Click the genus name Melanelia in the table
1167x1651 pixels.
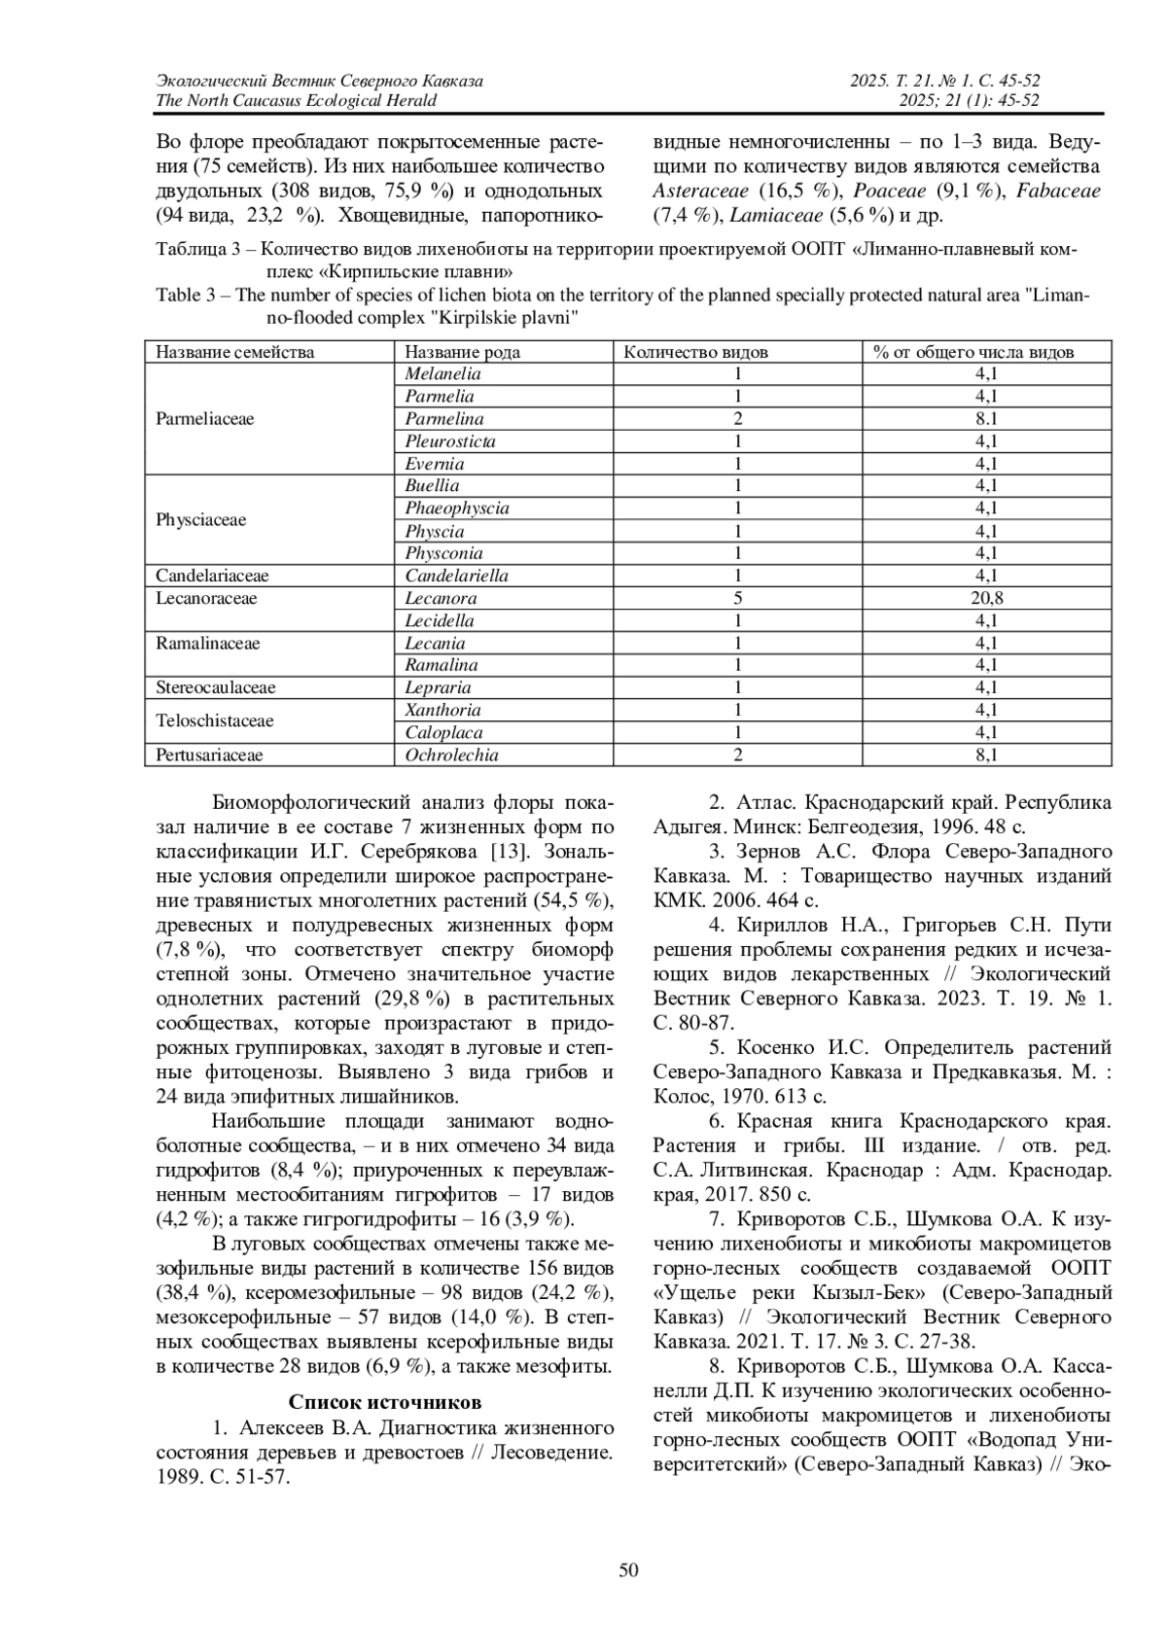coord(442,374)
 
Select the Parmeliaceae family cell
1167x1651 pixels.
coord(204,419)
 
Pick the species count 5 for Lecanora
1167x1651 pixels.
coord(738,599)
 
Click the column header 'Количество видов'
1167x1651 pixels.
coord(695,352)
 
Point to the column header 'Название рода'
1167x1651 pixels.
coord(462,352)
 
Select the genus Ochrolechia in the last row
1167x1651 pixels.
coord(451,755)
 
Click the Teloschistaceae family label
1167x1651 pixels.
coord(214,721)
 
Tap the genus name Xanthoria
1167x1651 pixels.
coord(442,711)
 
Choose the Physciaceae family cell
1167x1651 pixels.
coord(200,520)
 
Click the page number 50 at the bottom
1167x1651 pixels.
coord(628,1569)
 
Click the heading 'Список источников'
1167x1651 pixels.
coord(385,1403)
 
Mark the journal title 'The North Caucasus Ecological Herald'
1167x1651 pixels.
coord(296,101)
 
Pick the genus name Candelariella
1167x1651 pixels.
coord(456,576)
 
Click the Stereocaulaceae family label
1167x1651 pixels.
coord(215,688)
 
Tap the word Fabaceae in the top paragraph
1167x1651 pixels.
coord(1058,192)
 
